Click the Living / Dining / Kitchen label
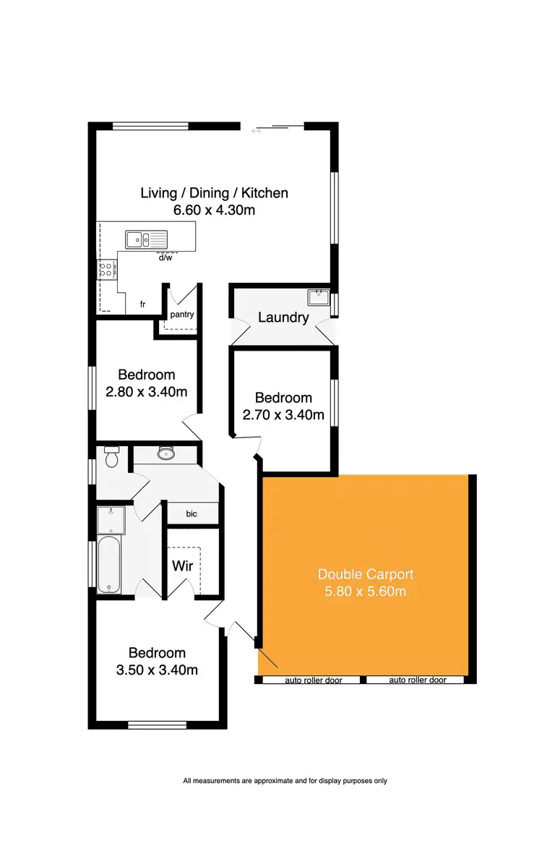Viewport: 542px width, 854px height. point(214,193)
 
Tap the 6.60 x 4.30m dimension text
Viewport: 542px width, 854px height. point(214,210)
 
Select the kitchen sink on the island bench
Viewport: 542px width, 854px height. point(145,238)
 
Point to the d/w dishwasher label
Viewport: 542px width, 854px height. point(165,257)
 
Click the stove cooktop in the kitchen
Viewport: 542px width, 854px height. point(106,270)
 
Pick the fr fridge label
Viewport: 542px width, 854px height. point(143,304)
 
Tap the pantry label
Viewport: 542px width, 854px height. point(181,315)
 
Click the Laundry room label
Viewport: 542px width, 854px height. point(283,317)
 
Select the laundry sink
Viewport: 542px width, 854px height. point(319,296)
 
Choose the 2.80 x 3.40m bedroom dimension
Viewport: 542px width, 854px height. point(147,393)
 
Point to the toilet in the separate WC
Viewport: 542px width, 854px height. point(111,458)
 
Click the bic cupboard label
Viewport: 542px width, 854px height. point(192,513)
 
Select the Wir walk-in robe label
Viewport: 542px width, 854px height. point(182,565)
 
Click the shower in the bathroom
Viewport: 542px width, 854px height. point(111,519)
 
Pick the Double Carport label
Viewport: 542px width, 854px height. point(366,574)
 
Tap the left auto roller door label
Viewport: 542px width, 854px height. point(312,680)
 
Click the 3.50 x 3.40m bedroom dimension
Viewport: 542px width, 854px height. point(157,670)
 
